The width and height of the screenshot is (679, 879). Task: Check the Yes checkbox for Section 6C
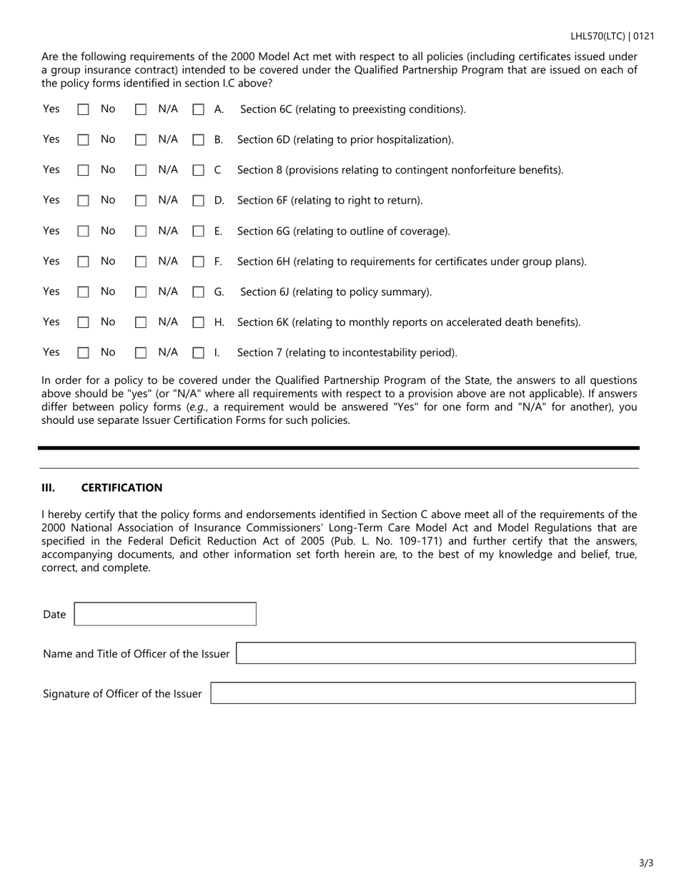[84, 110]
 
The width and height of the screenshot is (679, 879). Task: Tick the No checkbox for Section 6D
[141, 141]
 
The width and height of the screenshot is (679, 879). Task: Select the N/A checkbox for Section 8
[198, 171]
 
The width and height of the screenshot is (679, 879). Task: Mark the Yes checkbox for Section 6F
[84, 202]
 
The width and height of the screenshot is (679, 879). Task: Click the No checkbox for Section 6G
[141, 232]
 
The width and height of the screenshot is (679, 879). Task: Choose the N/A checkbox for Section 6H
[198, 262]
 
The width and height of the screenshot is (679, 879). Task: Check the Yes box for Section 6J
[84, 292]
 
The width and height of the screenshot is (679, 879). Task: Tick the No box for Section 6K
[141, 323]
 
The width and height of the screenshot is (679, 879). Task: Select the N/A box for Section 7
[198, 353]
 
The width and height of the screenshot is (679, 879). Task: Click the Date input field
[165, 615]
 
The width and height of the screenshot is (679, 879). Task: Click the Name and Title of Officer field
[435, 654]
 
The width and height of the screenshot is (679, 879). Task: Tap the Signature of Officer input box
[422, 694]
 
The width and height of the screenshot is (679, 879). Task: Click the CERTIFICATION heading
[122, 488]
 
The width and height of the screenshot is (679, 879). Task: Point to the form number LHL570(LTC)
[598, 36]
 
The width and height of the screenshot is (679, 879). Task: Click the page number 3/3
[645, 863]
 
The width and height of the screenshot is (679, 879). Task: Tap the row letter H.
[219, 322]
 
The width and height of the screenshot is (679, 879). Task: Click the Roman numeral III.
[48, 488]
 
